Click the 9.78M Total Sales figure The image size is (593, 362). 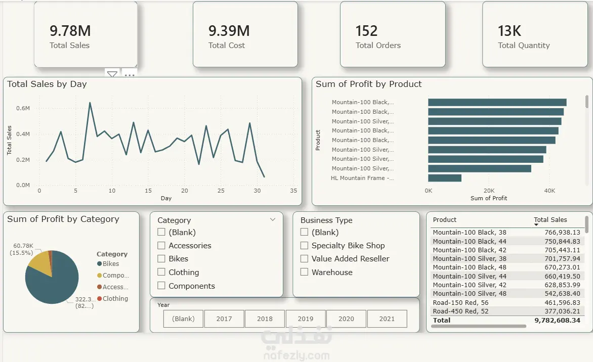point(70,31)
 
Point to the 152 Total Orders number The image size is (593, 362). point(366,31)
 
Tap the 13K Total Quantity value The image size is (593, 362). point(510,31)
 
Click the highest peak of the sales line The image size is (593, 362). point(90,103)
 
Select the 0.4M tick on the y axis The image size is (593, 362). point(23,134)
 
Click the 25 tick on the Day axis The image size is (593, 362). point(221,191)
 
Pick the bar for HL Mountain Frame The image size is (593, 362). point(445,178)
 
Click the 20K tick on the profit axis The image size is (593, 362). point(489,191)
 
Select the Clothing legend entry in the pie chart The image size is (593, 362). point(113,298)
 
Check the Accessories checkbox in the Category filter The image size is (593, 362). point(161,246)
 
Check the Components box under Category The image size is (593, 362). point(161,286)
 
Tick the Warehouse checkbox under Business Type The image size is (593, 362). point(305,272)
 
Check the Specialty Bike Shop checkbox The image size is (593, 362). point(305,246)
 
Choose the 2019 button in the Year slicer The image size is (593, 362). point(306,319)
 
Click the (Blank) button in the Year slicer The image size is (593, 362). point(184,319)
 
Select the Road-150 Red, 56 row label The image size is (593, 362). point(460,303)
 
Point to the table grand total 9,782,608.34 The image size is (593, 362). point(558,321)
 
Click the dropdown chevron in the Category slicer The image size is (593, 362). point(273,219)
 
